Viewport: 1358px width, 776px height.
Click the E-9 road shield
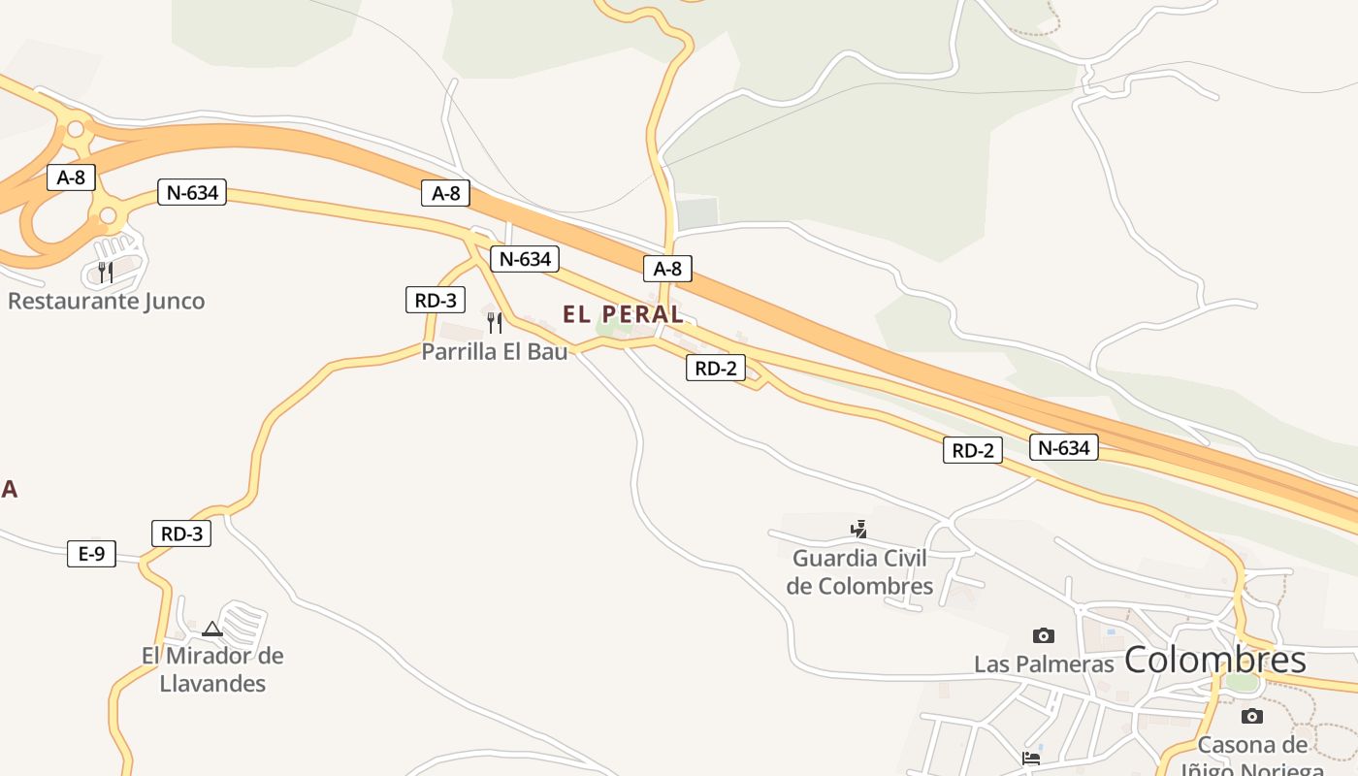tap(91, 554)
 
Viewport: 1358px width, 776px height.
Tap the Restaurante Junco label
tap(107, 301)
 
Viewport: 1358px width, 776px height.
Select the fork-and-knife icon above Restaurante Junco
tap(106, 272)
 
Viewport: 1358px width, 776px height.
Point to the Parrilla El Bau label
tap(494, 351)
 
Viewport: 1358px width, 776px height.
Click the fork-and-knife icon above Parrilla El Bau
tap(495, 322)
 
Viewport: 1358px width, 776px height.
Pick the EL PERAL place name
tap(623, 314)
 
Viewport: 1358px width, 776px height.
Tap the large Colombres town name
tap(1214, 661)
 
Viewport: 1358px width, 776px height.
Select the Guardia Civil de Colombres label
tap(859, 572)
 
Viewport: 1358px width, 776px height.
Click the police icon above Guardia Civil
tap(858, 530)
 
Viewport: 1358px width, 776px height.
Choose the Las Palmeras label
tap(1044, 664)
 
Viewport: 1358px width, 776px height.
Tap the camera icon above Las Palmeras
tap(1044, 635)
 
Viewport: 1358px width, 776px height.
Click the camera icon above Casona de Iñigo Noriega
tap(1252, 716)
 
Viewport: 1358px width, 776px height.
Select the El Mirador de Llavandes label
tap(212, 669)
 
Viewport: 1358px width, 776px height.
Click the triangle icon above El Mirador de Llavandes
tap(212, 630)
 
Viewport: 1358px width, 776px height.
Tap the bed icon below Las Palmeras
tap(1031, 758)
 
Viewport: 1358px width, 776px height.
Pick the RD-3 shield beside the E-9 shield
tap(181, 533)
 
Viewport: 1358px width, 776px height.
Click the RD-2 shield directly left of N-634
tap(972, 450)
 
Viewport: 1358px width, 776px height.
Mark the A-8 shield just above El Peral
tap(667, 269)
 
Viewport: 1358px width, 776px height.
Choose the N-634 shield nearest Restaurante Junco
tap(192, 192)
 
